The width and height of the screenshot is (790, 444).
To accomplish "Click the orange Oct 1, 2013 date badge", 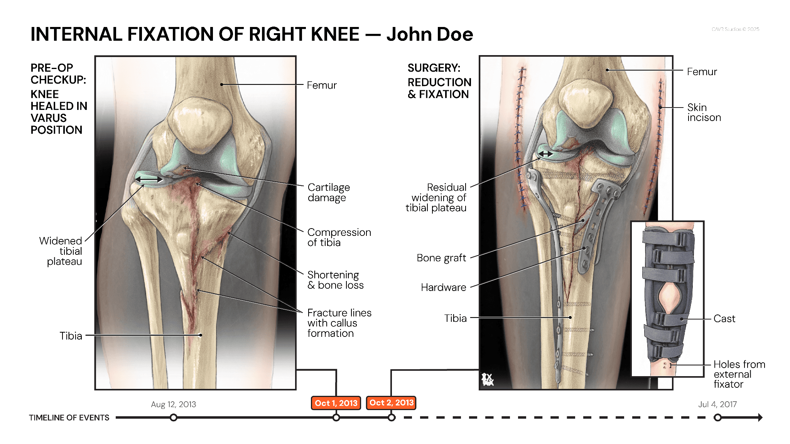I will coord(336,403).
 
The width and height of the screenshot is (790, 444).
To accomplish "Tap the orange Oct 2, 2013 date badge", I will coord(391,403).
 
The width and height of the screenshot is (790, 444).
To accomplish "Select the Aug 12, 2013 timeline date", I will coord(173,404).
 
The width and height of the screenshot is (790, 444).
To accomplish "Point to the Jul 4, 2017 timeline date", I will coord(717,404).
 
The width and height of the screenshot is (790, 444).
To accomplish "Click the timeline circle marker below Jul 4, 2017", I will coord(717,417).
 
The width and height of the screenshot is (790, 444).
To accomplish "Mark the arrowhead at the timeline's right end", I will coord(760,417).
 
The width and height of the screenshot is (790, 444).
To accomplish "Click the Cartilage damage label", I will coord(329,192).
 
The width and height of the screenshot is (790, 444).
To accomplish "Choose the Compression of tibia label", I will coord(339,237).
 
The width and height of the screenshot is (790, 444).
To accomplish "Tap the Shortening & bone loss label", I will coord(335,280).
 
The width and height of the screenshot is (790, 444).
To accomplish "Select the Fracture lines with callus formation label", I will coord(339,323).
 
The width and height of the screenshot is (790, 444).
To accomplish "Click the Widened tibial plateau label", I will coord(61,251).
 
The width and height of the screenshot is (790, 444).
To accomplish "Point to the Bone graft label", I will coord(441,258).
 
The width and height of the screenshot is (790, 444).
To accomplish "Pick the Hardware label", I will coord(444,287).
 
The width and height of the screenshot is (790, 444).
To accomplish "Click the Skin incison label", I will coord(704,112).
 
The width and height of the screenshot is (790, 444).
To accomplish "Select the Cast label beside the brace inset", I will coord(724,319).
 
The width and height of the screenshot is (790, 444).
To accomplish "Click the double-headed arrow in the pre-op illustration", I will coord(149,179).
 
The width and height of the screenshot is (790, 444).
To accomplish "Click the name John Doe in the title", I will coord(430,34).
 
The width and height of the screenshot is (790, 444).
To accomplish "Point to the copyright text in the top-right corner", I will coord(735,29).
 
